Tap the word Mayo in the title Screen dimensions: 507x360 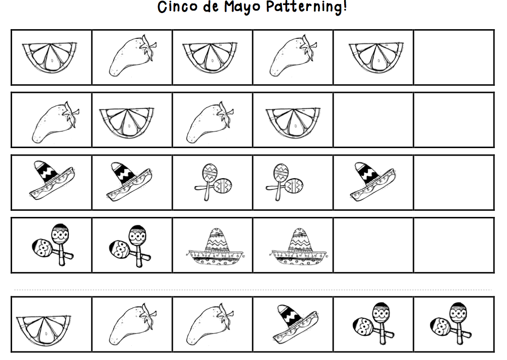tap(242, 7)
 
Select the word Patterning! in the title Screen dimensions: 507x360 tap(307, 7)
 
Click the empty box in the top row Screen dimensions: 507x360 tap(454, 58)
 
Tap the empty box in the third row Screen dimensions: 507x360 tap(454, 183)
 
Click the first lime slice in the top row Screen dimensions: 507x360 tap(49, 58)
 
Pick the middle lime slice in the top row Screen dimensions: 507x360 tap(210, 58)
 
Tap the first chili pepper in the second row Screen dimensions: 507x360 tap(55, 122)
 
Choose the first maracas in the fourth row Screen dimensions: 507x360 tap(52, 245)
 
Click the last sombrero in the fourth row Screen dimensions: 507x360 tap(298, 246)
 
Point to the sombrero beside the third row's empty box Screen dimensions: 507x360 tap(372, 181)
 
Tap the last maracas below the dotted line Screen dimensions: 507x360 tap(451, 323)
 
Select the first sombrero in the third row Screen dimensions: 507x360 tap(52, 180)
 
